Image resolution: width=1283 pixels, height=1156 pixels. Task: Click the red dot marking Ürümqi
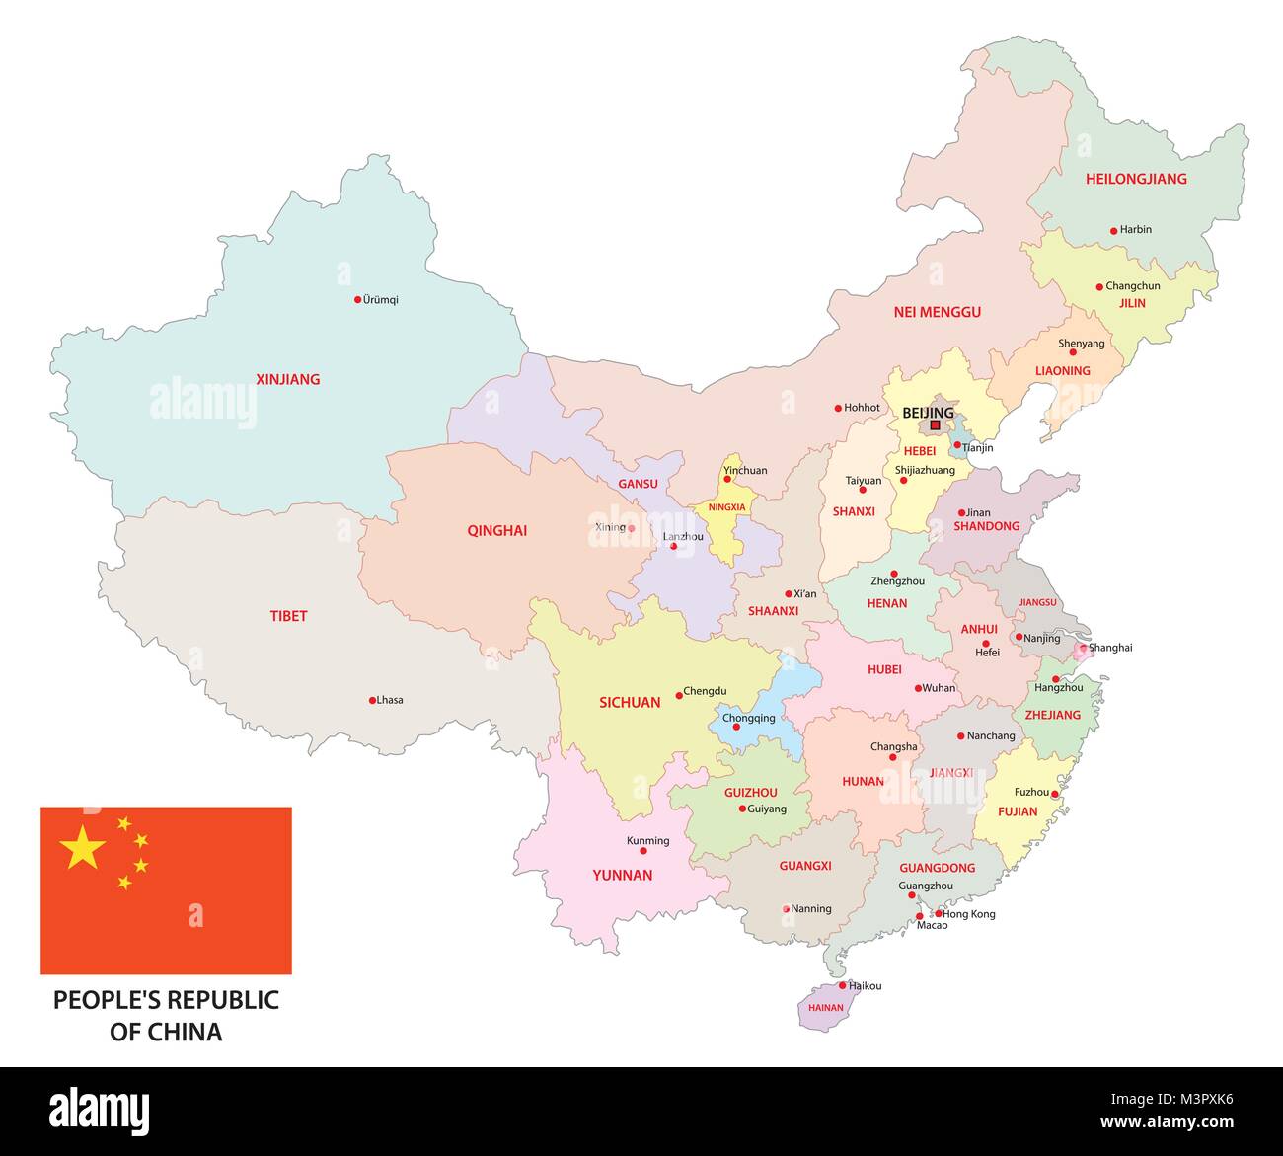coord(357,299)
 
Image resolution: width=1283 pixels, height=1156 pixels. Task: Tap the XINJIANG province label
coord(287,379)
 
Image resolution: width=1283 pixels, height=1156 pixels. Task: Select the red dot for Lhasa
coord(372,700)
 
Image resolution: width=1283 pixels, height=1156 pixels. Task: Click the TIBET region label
coord(288,616)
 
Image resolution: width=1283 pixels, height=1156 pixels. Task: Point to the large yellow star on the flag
coord(83,848)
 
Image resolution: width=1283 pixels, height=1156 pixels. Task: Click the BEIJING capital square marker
coord(935,426)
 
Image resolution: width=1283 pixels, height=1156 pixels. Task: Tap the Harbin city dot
coord(1113,230)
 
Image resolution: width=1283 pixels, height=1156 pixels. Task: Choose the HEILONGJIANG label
coord(1136,179)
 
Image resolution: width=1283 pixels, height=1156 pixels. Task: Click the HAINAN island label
coord(825,1008)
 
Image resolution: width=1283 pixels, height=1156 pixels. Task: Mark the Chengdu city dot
coord(679,695)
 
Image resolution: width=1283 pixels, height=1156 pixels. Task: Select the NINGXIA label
coord(727,507)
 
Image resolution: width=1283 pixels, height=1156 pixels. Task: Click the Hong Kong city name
coord(969,914)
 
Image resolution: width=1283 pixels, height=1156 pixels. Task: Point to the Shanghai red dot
coord(1083,649)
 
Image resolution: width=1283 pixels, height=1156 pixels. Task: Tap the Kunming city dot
coord(643,850)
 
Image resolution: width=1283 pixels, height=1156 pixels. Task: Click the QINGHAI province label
coord(496,531)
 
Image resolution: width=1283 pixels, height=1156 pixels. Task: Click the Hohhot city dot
coord(838,408)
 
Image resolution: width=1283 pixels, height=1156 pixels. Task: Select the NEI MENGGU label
coord(937,312)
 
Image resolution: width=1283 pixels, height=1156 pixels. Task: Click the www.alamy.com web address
coord(1167,1122)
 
